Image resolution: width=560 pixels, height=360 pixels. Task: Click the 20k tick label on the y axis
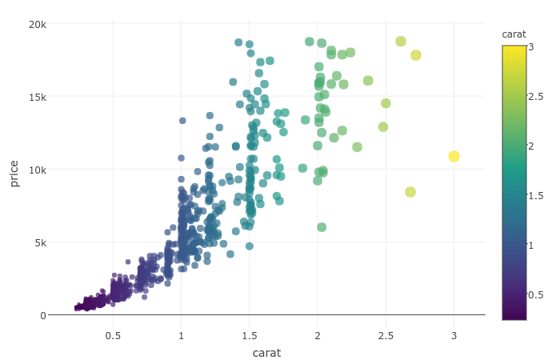tap(38, 24)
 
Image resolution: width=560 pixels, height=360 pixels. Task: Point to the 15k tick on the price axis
tap(38, 97)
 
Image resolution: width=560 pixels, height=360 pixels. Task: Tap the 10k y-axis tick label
tap(38, 170)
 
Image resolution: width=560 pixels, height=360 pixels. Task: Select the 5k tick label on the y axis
tap(40, 242)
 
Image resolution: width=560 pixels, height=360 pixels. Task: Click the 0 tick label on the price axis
tap(43, 315)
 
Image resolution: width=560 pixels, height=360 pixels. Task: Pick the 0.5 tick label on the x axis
tap(113, 335)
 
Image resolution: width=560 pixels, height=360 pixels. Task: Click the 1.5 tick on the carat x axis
tap(250, 335)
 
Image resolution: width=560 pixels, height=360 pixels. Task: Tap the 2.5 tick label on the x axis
tap(386, 335)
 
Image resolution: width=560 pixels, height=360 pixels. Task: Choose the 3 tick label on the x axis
tap(454, 335)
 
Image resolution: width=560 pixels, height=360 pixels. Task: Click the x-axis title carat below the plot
tap(266, 353)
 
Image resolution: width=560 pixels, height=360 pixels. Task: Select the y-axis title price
tap(14, 173)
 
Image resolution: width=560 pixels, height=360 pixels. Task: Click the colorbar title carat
tap(514, 34)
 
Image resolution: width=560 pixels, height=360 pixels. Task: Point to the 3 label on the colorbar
tap(530, 46)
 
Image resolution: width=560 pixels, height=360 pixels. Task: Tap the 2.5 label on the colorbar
tap(535, 96)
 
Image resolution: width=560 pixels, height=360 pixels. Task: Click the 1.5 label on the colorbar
tap(535, 195)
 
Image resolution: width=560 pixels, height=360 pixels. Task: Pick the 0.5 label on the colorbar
tap(535, 294)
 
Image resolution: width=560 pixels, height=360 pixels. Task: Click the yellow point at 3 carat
tap(454, 156)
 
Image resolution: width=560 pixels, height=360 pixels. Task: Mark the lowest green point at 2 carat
tap(322, 227)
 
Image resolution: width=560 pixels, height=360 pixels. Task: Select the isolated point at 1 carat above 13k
tap(182, 121)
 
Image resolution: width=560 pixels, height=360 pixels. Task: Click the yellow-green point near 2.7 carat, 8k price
tap(410, 192)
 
